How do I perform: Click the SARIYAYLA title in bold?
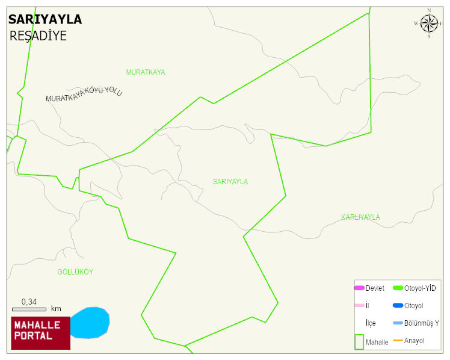pyautogui.click(x=45, y=20)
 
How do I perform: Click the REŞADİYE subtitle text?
pyautogui.click(x=38, y=36)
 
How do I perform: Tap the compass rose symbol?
pyautogui.click(x=429, y=23)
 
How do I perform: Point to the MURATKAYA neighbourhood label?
pyautogui.click(x=146, y=72)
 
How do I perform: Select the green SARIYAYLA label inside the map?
pyautogui.click(x=230, y=181)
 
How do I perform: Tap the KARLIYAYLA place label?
pyautogui.click(x=360, y=217)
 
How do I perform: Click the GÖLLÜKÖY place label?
pyautogui.click(x=75, y=272)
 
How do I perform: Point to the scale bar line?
pyautogui.click(x=29, y=309)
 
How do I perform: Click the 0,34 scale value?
pyautogui.click(x=29, y=302)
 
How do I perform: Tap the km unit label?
pyautogui.click(x=56, y=309)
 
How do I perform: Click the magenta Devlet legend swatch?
pyautogui.click(x=359, y=288)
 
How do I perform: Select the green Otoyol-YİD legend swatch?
pyautogui.click(x=398, y=288)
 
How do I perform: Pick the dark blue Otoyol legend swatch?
pyautogui.click(x=398, y=306)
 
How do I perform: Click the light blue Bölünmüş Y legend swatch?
pyautogui.click(x=398, y=323)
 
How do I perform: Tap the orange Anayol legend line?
pyautogui.click(x=398, y=341)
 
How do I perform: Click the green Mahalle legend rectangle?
pyautogui.click(x=359, y=341)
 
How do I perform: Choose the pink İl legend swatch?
pyautogui.click(x=359, y=306)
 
